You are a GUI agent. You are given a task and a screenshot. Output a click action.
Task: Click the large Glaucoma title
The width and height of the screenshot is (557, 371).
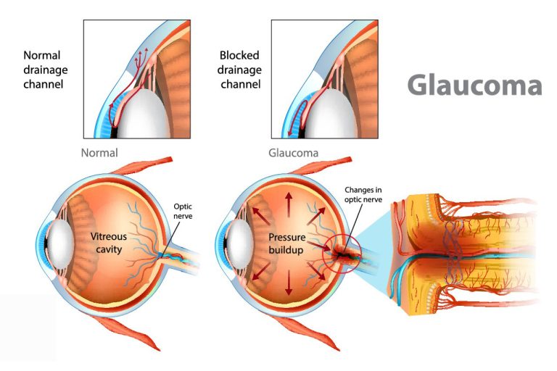[474, 86]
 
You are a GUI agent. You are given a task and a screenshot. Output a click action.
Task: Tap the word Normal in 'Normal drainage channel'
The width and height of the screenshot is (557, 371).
[42, 55]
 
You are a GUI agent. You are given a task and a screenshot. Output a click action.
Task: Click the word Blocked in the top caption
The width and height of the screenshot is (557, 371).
[239, 55]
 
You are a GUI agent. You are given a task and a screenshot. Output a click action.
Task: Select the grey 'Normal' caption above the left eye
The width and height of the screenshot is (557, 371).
[99, 153]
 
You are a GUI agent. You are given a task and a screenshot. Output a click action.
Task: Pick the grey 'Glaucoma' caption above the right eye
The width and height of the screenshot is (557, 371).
[294, 153]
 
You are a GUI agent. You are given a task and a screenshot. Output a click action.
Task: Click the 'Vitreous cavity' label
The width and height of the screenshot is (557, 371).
[109, 243]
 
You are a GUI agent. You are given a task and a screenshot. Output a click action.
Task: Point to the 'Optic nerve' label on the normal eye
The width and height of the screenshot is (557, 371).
[183, 212]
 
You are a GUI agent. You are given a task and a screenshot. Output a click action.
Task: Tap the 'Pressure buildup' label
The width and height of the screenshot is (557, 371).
[286, 243]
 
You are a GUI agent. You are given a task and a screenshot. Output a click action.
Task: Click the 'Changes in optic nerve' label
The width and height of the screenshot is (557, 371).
[363, 195]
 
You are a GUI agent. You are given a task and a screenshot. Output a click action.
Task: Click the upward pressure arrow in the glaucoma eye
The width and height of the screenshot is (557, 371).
[289, 204]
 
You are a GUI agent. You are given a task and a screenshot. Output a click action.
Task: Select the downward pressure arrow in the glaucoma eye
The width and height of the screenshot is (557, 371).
[289, 283]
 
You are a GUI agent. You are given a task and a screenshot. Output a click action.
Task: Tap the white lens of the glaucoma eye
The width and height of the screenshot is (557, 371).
[240, 245]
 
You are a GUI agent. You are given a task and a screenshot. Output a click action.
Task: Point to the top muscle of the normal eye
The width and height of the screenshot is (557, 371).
[142, 166]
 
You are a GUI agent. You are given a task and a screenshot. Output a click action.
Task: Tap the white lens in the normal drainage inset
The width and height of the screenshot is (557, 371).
[143, 114]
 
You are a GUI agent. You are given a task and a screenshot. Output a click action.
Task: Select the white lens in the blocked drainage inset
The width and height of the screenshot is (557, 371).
[331, 114]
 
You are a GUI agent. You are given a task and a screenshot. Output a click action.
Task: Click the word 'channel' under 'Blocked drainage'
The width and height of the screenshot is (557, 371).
[241, 85]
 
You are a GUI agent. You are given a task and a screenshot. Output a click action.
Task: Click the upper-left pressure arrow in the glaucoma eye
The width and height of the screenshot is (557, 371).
[260, 215]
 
